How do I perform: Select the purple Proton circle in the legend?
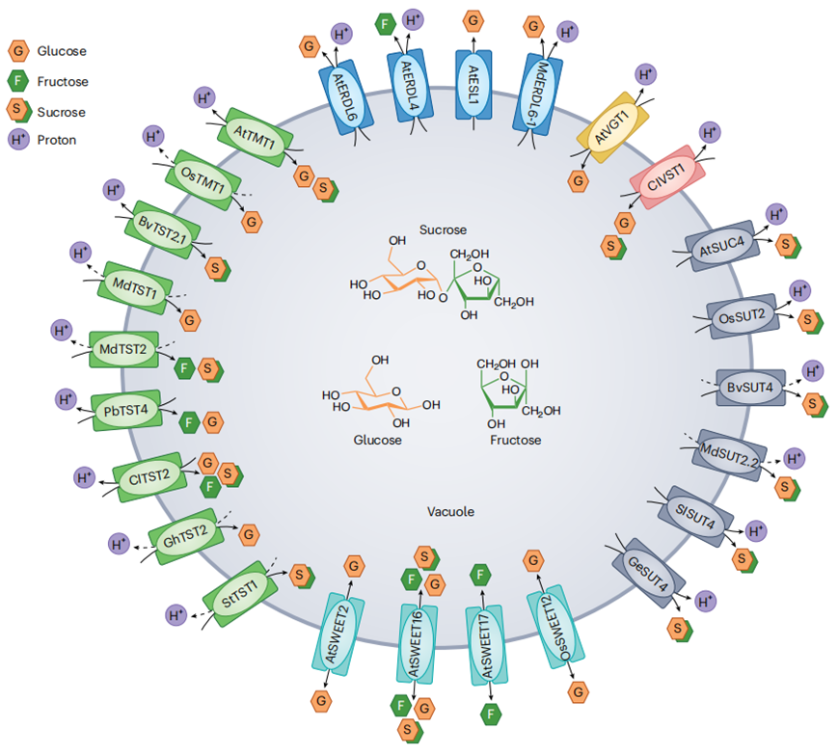tap(19, 140)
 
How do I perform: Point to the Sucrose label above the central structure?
tap(443, 230)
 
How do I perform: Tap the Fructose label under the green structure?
tap(517, 441)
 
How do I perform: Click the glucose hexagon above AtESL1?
tap(473, 19)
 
